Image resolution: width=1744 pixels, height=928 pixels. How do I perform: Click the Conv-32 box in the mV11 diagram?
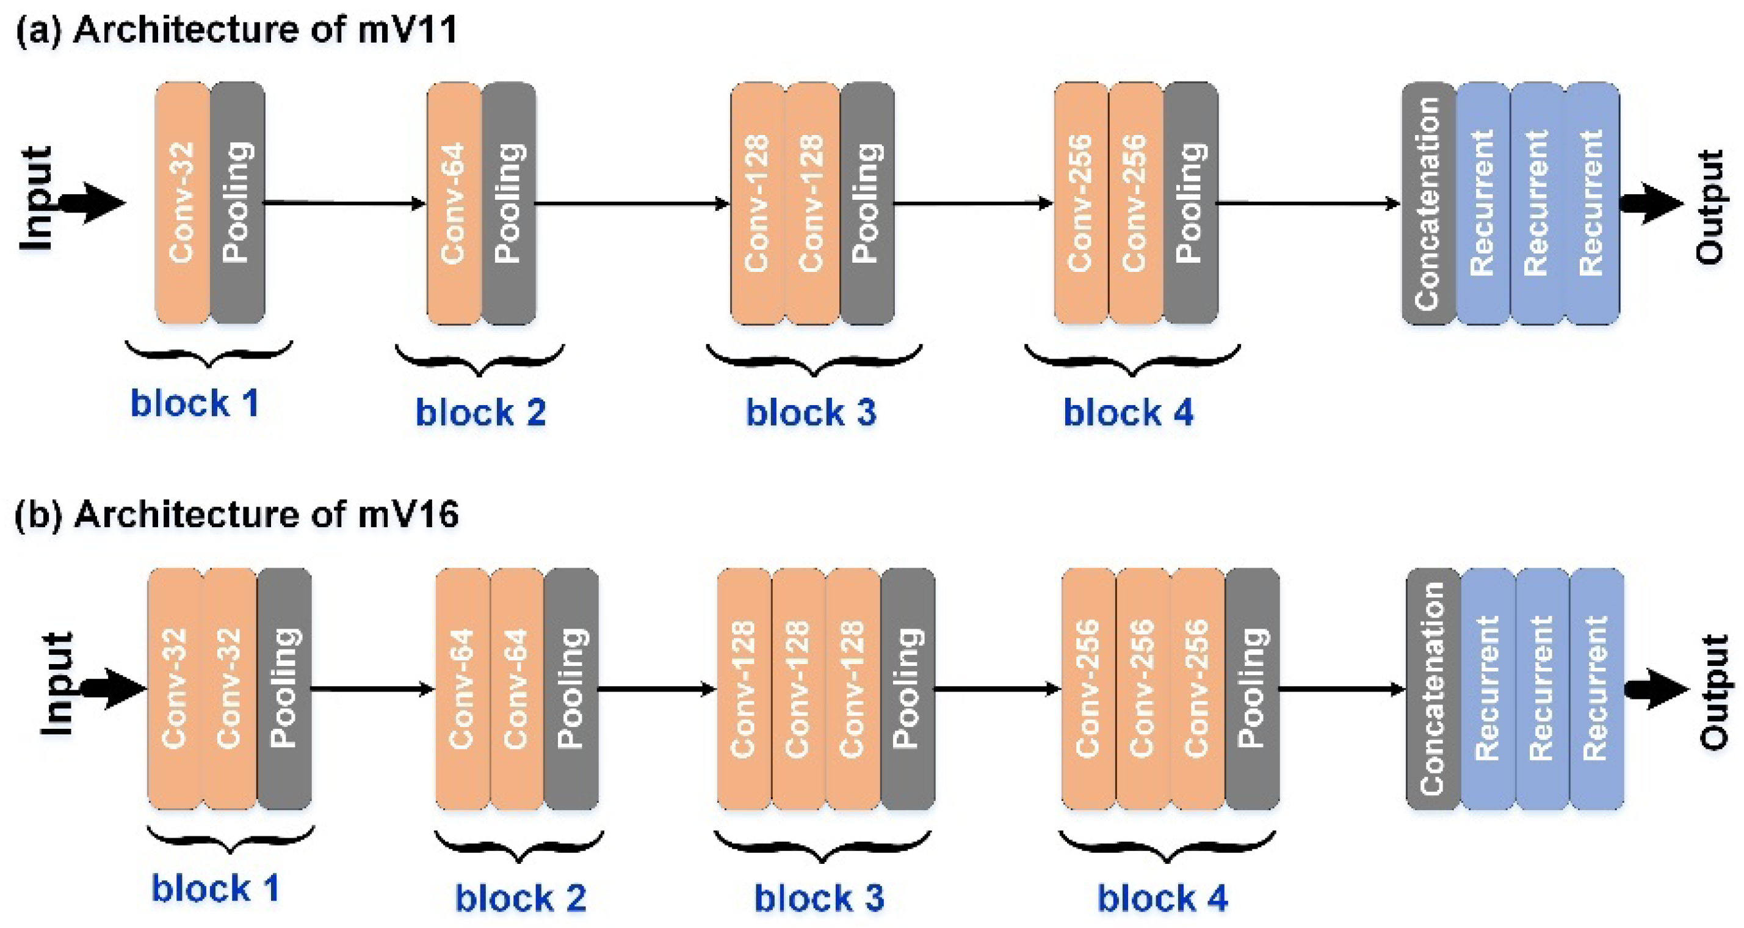(182, 203)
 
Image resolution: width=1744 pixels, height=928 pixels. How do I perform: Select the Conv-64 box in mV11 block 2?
(454, 203)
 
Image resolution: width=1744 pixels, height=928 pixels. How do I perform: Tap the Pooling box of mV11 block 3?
(867, 203)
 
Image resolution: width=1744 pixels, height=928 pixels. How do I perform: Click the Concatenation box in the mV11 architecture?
(1428, 203)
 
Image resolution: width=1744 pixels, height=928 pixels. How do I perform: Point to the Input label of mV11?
(35, 198)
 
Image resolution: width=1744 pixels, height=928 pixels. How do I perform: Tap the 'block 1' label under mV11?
(195, 403)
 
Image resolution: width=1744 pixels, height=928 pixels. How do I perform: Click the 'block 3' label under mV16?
(819, 898)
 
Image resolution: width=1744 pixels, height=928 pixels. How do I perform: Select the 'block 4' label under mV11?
(1128, 412)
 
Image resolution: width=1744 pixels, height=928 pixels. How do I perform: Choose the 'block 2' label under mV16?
(520, 898)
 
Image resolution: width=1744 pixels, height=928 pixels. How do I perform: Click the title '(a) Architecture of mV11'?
(237, 30)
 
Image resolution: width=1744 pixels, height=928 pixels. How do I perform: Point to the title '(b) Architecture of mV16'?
(237, 515)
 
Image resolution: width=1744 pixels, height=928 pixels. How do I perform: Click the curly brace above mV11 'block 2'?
(479, 360)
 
